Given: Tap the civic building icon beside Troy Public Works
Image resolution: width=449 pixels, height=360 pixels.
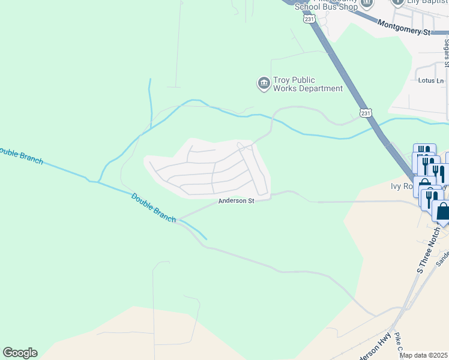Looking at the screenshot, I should pos(264,84).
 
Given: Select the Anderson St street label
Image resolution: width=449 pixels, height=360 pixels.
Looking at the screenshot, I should pos(237,201).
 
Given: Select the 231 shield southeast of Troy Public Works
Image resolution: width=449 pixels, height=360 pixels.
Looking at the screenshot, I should pos(366,112).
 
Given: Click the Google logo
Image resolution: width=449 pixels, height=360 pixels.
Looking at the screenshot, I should pos(20,353).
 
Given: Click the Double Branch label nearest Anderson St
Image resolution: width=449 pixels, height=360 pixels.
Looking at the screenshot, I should pos(153,206).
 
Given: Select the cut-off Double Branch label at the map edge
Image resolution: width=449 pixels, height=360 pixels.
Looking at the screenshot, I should pos(21,155).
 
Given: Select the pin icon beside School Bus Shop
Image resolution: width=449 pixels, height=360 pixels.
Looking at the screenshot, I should pos(367,3).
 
